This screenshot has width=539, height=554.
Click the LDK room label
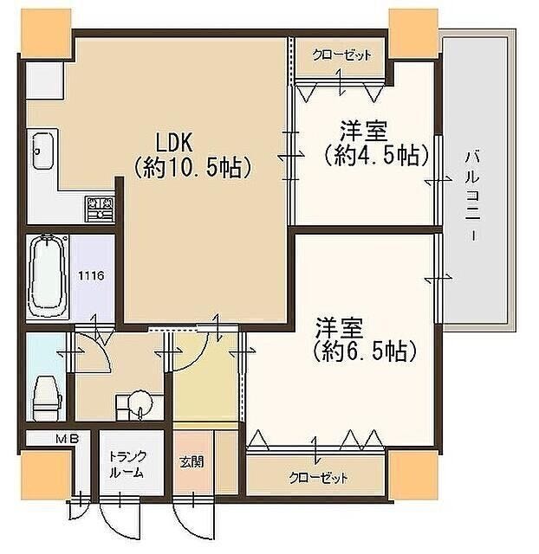click(179, 141)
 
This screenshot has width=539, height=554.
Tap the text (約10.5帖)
click(193, 166)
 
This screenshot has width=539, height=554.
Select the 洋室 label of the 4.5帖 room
click(362, 133)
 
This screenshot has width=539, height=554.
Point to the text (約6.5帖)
click(365, 352)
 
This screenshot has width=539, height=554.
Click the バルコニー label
click(472, 196)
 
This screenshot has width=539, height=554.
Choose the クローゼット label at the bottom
click(318, 478)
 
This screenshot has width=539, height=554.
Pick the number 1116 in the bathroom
click(91, 276)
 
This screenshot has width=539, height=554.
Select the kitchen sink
click(42, 151)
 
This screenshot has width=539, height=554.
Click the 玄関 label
click(192, 461)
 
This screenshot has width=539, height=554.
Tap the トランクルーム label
click(127, 465)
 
